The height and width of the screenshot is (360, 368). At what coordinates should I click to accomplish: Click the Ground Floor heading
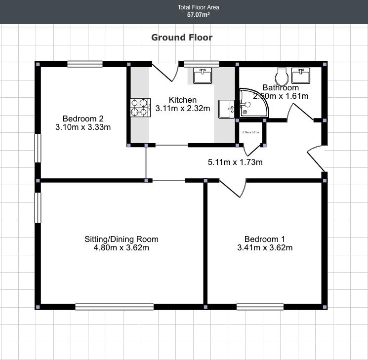pos(182,38)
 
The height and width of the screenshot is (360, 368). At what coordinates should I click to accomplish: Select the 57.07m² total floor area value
pos(199,15)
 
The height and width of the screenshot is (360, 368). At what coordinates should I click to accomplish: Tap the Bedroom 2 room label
pos(83,119)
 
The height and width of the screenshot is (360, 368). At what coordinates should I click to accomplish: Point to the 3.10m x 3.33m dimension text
pos(83,127)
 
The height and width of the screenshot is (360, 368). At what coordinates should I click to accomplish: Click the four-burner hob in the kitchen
pos(140,107)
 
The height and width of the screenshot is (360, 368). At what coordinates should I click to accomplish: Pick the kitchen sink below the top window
pos(202,76)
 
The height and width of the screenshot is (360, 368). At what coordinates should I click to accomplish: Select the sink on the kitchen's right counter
pos(227,109)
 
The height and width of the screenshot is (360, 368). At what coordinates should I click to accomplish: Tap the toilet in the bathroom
pos(282,76)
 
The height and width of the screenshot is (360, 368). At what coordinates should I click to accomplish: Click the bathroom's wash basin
pos(301,76)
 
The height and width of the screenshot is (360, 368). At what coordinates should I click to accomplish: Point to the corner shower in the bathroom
pos(252,104)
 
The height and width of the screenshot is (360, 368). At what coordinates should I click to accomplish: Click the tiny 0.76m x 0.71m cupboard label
pos(251,132)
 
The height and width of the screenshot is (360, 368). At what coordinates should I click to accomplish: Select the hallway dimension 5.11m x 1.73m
pos(235,162)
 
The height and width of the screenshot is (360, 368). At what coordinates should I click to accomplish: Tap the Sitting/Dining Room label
pos(122,240)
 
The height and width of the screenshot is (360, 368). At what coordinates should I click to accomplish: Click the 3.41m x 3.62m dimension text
pos(265,248)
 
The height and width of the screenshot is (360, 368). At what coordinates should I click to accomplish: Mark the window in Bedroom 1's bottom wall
pos(260,307)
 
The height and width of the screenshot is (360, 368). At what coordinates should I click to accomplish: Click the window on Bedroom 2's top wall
pos(85,64)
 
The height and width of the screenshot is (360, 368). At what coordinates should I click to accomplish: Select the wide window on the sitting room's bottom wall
pos(114,307)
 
